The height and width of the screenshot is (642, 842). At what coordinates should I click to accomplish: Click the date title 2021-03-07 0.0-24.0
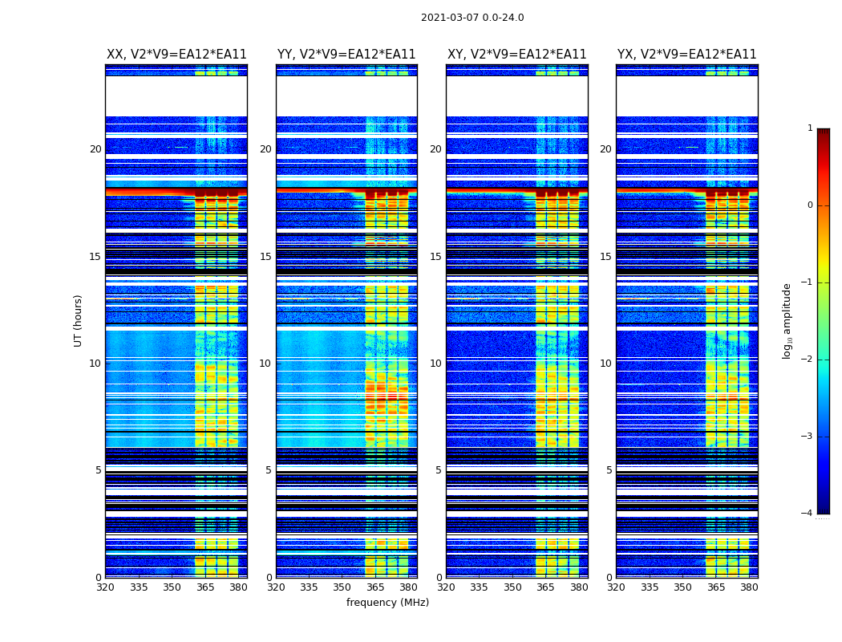(472, 18)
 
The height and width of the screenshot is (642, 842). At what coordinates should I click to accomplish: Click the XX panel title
(176, 55)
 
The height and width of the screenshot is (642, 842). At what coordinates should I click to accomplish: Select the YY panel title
(346, 55)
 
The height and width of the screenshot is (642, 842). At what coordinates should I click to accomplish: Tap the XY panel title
(517, 55)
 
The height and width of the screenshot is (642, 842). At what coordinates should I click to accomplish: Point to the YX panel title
(687, 55)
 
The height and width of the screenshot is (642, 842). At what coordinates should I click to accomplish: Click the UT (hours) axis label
(79, 320)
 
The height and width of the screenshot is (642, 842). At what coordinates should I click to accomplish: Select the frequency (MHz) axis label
(387, 603)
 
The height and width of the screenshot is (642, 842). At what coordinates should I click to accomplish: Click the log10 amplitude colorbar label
(787, 320)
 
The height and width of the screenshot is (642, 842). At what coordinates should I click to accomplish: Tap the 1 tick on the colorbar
(810, 128)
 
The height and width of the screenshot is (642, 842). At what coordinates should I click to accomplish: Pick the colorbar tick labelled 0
(810, 205)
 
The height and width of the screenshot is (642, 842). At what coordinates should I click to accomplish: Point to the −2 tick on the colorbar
(808, 360)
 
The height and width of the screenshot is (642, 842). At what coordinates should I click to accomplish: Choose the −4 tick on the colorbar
(808, 514)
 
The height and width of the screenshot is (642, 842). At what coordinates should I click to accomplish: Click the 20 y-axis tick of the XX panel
(95, 149)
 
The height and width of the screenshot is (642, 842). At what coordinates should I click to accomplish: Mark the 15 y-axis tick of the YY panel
(265, 257)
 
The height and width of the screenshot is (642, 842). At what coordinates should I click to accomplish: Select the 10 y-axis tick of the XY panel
(435, 364)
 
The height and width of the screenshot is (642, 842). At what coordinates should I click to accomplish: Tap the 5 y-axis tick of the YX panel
(609, 470)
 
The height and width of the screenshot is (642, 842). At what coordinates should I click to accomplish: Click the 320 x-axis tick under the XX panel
(105, 587)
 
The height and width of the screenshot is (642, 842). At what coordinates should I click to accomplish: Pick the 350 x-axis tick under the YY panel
(342, 587)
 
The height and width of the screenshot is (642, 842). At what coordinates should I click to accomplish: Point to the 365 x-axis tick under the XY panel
(545, 587)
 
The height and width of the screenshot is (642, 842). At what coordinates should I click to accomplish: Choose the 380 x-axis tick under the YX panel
(749, 587)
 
